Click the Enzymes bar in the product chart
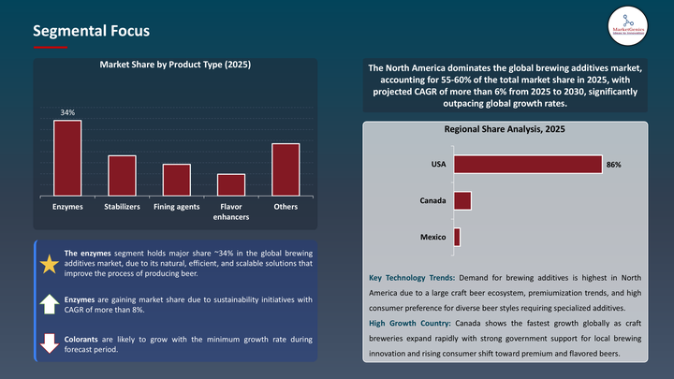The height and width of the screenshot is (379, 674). (x=67, y=158)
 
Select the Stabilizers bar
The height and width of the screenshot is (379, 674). (x=122, y=175)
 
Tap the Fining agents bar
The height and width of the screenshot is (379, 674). (x=176, y=180)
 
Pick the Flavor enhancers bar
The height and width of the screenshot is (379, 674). (x=231, y=184)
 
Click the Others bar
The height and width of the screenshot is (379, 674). (x=286, y=169)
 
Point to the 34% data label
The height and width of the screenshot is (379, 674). (x=67, y=113)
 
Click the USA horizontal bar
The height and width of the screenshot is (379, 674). (x=527, y=164)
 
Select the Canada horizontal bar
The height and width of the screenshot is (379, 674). (x=462, y=200)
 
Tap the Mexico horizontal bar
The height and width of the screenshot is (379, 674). (x=457, y=237)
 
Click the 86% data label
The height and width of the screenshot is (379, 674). (x=613, y=165)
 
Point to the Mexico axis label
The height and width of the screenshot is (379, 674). (x=432, y=237)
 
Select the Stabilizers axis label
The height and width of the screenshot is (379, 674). (x=122, y=206)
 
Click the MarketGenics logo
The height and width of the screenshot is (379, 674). (x=627, y=24)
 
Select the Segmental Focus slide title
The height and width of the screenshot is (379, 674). (x=91, y=30)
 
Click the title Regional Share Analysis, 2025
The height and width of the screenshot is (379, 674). (x=504, y=130)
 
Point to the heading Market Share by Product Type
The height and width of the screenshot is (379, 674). (x=175, y=66)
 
